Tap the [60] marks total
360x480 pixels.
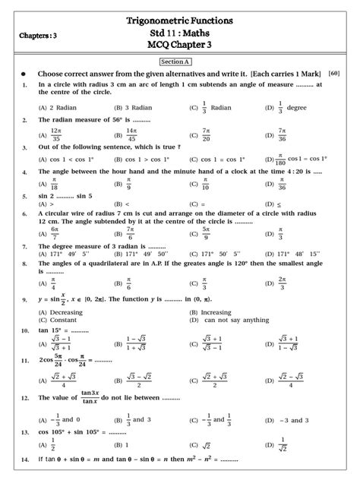click(334, 73)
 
